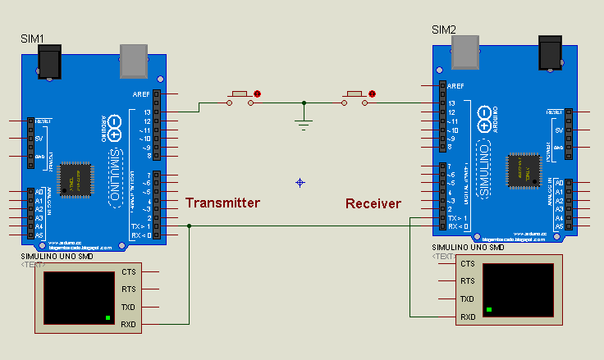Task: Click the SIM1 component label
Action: [x=32, y=39]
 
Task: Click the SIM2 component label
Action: [x=444, y=30]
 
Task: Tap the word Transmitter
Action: [x=222, y=203]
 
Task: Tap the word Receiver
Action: [x=373, y=203]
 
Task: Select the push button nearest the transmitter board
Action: [x=241, y=96]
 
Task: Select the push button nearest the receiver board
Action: [x=356, y=96]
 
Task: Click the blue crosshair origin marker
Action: [x=300, y=182]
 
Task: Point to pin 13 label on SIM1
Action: [x=146, y=112]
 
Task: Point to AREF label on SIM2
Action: [x=456, y=85]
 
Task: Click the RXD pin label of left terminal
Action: [x=129, y=325]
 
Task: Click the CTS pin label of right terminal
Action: [x=467, y=263]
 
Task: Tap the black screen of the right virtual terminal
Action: [x=517, y=289]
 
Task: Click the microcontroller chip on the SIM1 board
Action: [x=80, y=177]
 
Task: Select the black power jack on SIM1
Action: [x=51, y=62]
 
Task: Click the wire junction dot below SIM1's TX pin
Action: [x=189, y=226]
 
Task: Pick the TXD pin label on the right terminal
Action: [x=467, y=299]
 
